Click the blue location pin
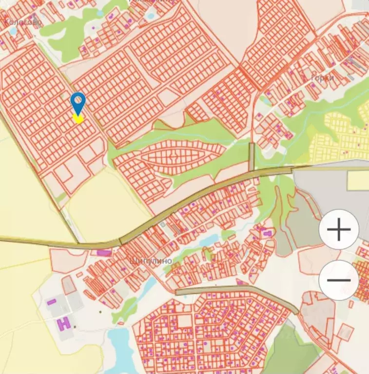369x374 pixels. (78, 102)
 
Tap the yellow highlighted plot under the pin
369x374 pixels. (78, 118)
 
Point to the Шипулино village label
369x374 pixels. (152, 261)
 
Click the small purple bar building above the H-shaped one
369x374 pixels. (51, 302)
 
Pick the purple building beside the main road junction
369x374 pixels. (104, 253)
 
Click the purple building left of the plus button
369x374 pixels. (268, 234)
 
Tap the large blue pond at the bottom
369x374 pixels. (119, 349)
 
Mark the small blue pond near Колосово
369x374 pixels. (12, 30)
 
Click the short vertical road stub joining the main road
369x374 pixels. (252, 157)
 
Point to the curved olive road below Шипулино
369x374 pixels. (239, 291)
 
